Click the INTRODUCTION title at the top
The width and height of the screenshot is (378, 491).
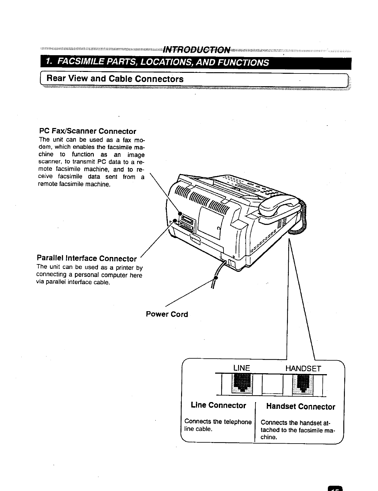tap(197, 50)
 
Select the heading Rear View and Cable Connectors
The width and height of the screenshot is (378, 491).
tap(115, 79)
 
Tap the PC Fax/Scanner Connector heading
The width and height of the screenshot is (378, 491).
tap(88, 131)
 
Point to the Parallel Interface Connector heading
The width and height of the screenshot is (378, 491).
tap(87, 258)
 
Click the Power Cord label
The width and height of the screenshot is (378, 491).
tap(167, 314)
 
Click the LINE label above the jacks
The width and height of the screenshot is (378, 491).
tap(241, 368)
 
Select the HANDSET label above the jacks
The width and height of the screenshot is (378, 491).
tap(303, 368)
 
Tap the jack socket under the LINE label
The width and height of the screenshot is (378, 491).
tap(242, 384)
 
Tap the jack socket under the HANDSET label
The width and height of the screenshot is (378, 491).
tap(303, 384)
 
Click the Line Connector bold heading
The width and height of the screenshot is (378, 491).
tap(219, 405)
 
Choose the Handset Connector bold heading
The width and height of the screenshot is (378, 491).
tap(301, 407)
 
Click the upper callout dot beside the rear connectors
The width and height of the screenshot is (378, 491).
tap(180, 213)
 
